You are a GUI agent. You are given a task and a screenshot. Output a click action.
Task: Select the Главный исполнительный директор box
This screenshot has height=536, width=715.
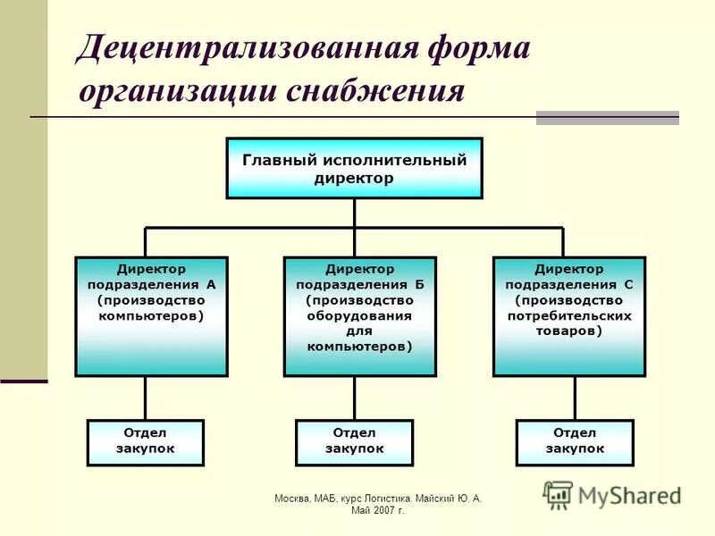(354, 168)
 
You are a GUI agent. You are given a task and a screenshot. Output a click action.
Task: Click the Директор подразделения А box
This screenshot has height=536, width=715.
(151, 316)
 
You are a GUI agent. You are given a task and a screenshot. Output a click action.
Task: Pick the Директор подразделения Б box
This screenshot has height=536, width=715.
(360, 316)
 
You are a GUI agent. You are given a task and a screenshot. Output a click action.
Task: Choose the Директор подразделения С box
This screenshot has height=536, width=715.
(568, 316)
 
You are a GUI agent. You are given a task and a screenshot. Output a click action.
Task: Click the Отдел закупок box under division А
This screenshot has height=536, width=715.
(146, 442)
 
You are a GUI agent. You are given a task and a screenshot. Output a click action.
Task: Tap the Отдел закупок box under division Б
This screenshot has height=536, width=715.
(354, 442)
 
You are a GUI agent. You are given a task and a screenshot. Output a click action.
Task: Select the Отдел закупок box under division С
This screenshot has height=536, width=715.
(575, 442)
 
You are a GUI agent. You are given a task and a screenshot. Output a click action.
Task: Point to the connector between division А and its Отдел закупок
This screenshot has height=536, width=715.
(146, 398)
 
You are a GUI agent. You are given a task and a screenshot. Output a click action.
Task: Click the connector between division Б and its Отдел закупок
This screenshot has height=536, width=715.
(355, 398)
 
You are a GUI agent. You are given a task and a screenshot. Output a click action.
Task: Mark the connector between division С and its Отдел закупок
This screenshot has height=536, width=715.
(575, 398)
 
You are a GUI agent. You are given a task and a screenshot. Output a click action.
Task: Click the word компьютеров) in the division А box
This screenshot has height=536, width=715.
(151, 316)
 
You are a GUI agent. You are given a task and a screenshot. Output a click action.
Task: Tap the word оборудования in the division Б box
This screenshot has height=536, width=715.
(360, 316)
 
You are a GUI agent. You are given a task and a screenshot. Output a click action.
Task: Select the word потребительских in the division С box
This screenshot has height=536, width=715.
(569, 316)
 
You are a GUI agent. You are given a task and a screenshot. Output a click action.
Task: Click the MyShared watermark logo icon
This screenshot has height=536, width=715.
(559, 494)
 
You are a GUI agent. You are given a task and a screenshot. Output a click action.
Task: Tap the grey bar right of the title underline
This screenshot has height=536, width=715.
(607, 117)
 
